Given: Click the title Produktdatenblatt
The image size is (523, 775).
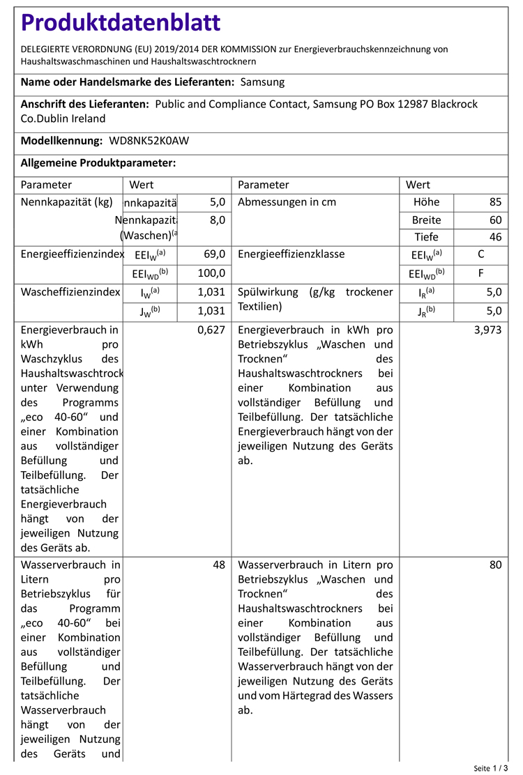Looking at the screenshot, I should [x=121, y=23].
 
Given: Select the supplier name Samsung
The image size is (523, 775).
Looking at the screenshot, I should [x=262, y=82].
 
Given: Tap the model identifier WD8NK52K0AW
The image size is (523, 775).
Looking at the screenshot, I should [x=149, y=141].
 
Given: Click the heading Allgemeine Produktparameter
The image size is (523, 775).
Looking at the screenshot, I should [x=98, y=163].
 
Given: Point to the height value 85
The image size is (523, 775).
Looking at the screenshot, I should [x=495, y=203].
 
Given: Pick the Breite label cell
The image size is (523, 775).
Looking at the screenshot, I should [x=426, y=220].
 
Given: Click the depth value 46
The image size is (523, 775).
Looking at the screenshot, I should [x=495, y=237].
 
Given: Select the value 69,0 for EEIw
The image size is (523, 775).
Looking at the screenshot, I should [x=214, y=254].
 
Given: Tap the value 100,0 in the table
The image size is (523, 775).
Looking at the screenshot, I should [x=211, y=273].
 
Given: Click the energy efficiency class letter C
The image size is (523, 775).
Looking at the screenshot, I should [x=480, y=254].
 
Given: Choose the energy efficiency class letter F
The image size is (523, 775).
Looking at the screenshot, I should [x=480, y=273].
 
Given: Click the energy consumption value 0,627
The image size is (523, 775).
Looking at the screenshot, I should [x=211, y=330].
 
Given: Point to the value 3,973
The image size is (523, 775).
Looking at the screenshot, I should [x=487, y=330].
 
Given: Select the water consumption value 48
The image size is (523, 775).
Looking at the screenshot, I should [x=219, y=565].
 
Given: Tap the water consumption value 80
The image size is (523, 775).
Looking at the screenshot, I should [x=495, y=565].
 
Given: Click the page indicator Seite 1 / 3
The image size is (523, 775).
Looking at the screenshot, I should [x=490, y=768].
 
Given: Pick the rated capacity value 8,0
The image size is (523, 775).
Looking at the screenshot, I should [x=217, y=220].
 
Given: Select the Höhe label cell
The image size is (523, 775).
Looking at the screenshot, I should [x=426, y=203].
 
